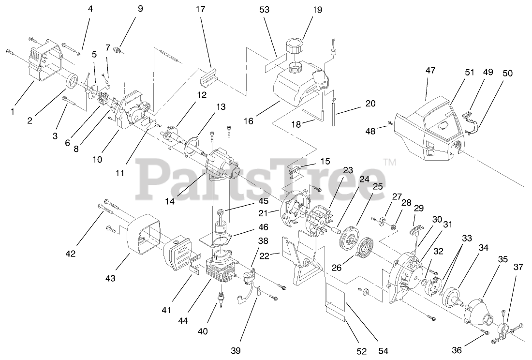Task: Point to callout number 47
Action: [431, 70]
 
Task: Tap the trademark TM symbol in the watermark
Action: [389, 163]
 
